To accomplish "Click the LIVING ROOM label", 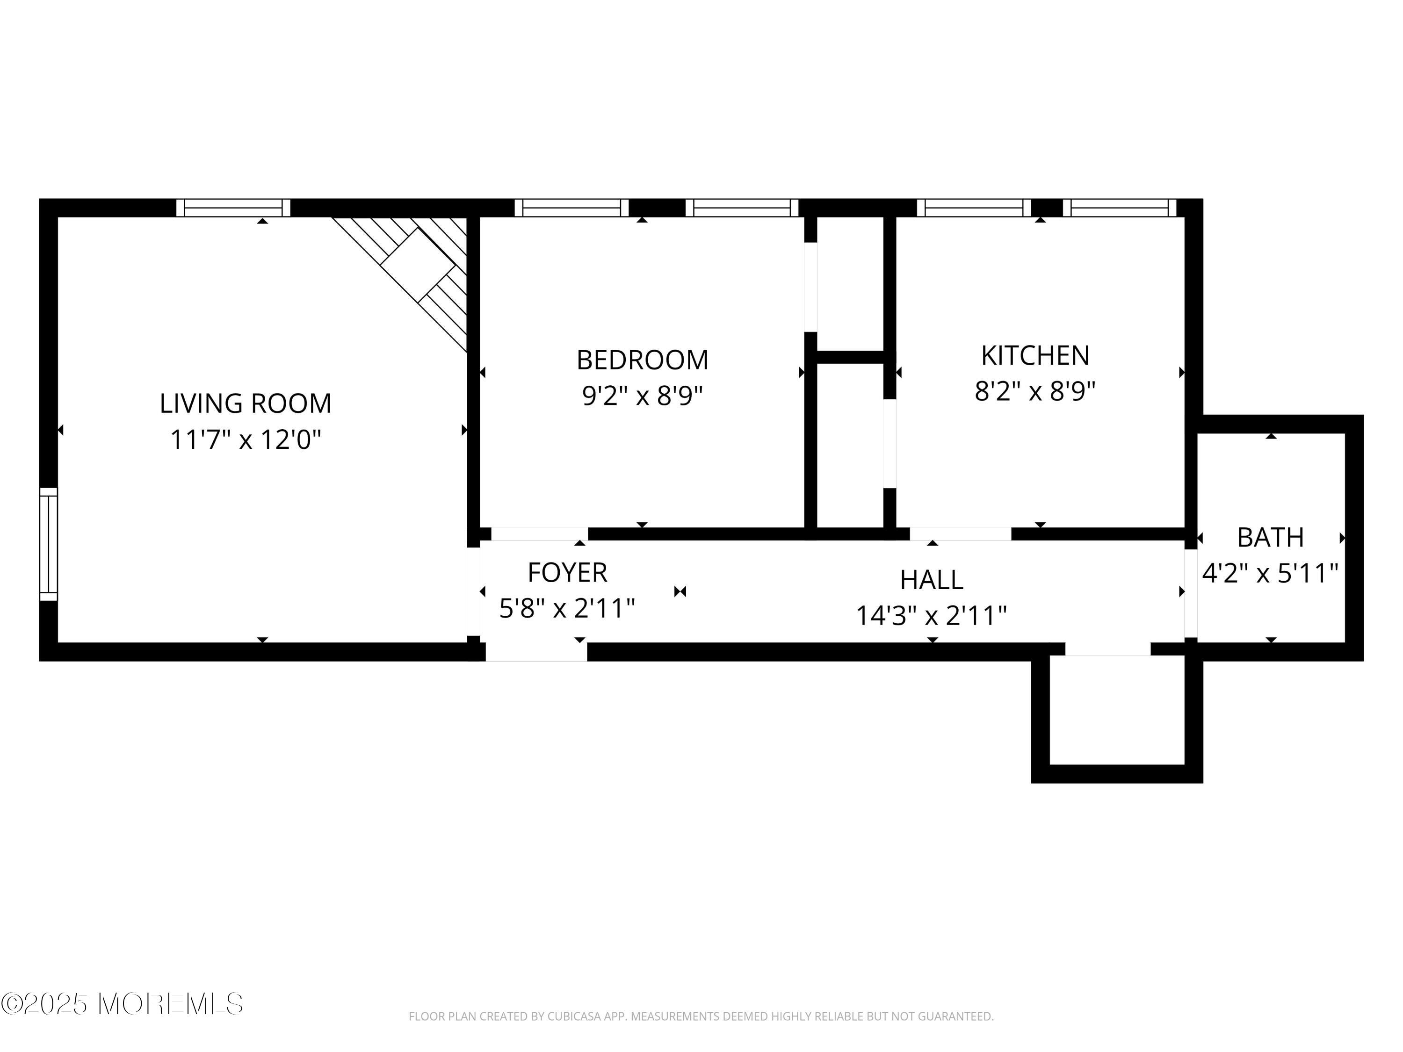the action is point(246,404).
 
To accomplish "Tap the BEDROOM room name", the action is point(642,360).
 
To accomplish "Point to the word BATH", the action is point(1271,538).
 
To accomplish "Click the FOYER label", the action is point(568,573).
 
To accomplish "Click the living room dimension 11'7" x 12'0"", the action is point(246,440).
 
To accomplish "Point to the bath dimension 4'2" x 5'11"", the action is point(1271,574).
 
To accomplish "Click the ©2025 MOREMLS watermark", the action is point(122,1004).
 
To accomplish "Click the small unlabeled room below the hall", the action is point(1117,710).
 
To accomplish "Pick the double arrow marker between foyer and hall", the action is point(680,591).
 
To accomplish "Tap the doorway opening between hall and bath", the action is point(1191,593).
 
